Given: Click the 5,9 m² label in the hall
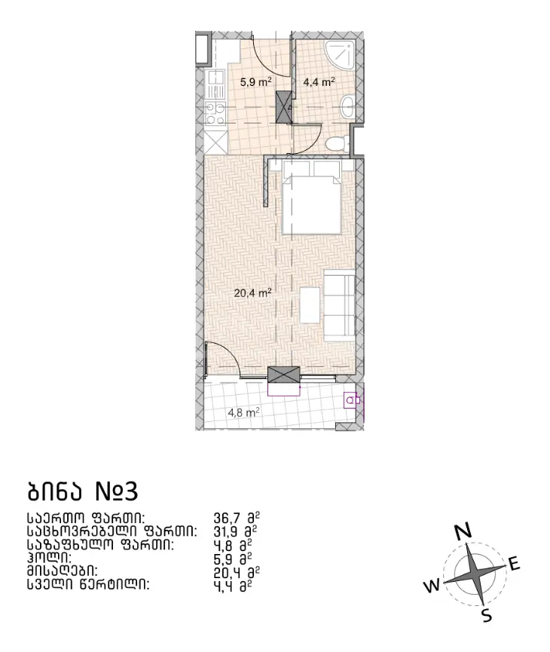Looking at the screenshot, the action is [255, 81].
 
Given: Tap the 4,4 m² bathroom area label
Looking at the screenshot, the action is [319, 81].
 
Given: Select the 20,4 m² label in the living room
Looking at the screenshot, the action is [252, 292].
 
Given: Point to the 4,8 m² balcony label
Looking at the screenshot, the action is [244, 412].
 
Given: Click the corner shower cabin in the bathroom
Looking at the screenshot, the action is [341, 57].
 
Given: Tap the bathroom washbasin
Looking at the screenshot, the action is [347, 107].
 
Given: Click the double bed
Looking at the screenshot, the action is [312, 197].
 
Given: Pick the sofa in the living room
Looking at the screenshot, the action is [339, 305].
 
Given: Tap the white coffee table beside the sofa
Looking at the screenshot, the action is [310, 305].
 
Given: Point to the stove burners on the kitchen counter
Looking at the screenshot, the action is [215, 114].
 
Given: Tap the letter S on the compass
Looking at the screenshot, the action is [487, 615].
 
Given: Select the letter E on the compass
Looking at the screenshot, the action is [514, 565].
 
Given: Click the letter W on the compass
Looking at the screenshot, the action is [432, 586].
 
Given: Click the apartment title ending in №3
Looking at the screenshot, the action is [82, 492].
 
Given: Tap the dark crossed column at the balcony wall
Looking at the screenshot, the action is [284, 375].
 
